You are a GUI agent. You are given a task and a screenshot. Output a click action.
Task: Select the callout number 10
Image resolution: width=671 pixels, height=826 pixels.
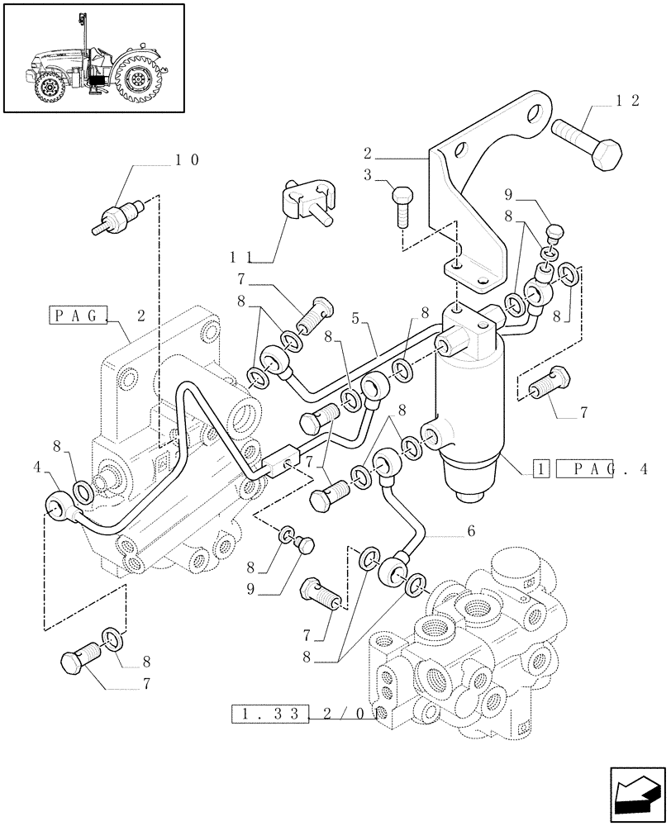point(186,159)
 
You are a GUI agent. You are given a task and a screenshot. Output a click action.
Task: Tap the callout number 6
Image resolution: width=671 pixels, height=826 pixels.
point(470,532)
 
